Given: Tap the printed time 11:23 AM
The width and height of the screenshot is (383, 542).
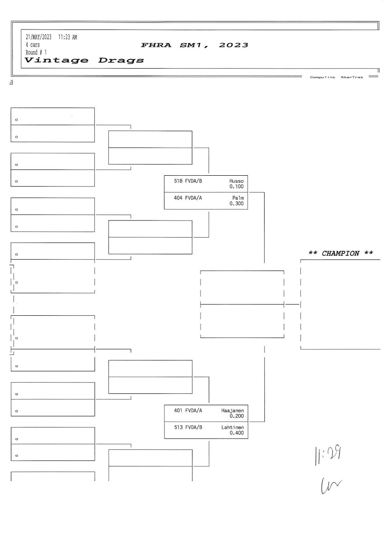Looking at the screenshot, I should click(68, 37).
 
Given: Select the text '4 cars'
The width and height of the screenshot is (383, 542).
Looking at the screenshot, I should click(33, 45).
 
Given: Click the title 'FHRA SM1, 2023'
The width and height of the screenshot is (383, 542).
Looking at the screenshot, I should click(195, 45).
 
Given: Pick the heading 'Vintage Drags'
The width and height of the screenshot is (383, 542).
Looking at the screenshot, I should click(84, 60).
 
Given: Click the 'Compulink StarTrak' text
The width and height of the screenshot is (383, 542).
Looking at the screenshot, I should click(336, 77).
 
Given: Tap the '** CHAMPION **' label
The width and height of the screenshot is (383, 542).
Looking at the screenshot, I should click(341, 253).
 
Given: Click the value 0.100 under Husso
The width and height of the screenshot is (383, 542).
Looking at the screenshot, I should click(236, 186).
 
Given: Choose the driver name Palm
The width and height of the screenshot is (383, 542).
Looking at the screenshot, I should click(238, 198).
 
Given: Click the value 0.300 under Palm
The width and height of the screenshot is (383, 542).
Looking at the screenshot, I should click(236, 204).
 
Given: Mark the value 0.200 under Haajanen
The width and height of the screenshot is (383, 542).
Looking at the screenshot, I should click(236, 416).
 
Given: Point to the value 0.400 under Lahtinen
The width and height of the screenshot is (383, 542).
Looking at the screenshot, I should click(236, 433).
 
